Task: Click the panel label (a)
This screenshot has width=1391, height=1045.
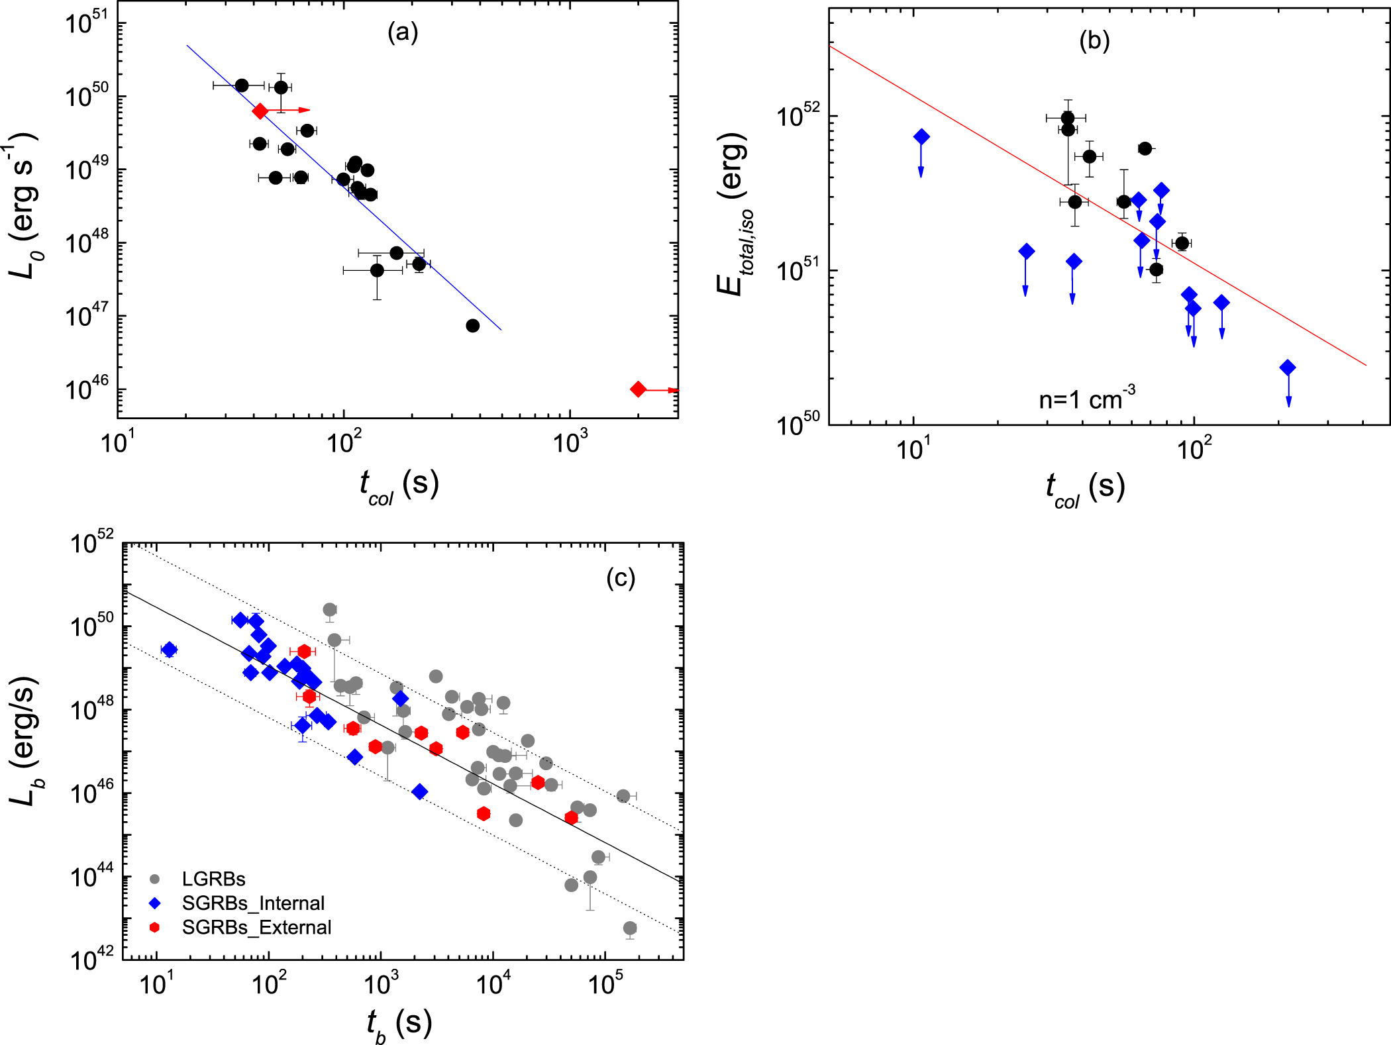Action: pos(403,32)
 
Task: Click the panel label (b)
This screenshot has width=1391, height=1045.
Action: pos(1094,40)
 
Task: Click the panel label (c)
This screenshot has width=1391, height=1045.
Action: pos(621,578)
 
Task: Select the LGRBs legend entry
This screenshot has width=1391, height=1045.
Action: pos(213,879)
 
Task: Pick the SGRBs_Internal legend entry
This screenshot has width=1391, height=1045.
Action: pos(253,903)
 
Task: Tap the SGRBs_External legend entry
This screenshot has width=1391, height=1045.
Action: pos(256,927)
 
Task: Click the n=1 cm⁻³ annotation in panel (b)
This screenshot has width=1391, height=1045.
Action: pos(1087,399)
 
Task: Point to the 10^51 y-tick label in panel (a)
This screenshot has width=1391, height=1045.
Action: pos(87,23)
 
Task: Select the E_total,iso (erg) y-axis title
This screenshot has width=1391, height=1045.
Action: pos(734,213)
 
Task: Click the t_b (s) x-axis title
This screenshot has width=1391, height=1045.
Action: pos(399,1024)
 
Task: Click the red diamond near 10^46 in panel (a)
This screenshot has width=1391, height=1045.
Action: pos(638,389)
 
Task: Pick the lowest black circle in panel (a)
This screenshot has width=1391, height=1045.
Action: pos(472,325)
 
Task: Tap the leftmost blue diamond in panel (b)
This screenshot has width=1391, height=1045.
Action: pos(921,137)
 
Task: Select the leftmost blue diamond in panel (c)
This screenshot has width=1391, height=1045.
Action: pos(169,650)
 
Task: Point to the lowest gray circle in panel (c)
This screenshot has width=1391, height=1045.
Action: pos(630,928)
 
